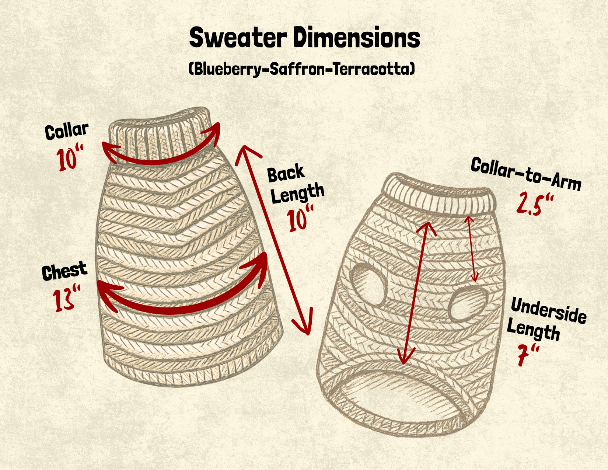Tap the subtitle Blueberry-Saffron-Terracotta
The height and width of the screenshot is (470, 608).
point(302,69)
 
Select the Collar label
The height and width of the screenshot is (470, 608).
point(67,131)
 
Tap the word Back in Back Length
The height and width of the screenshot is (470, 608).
point(286,174)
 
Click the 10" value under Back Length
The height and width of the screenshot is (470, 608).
point(300,219)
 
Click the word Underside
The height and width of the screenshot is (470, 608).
point(548,311)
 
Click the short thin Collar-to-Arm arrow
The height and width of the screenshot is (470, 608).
point(472,249)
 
